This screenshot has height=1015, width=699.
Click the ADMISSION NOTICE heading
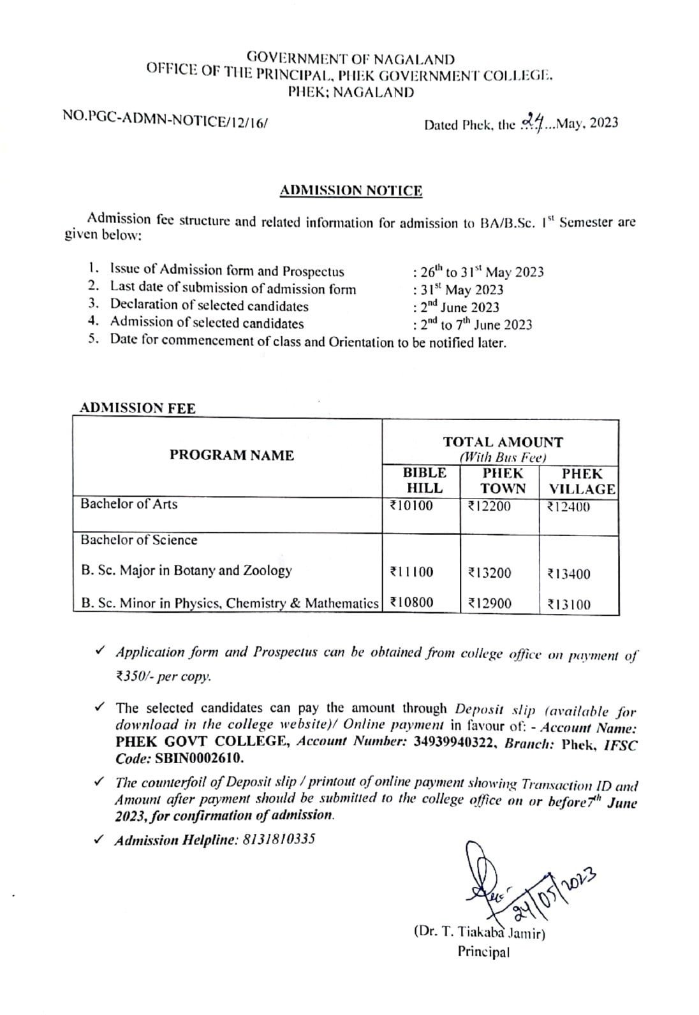[351, 191]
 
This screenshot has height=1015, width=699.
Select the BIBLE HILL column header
[424, 481]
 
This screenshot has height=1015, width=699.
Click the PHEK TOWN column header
[503, 481]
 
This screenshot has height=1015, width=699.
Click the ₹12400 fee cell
[568, 507]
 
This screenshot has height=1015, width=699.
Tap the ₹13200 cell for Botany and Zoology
[489, 573]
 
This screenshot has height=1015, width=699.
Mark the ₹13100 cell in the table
[568, 604]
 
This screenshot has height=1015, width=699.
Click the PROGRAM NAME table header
[232, 455]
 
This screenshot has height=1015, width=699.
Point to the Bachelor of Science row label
[139, 540]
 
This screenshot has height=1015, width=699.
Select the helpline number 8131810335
[279, 839]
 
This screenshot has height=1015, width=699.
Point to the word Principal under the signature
[483, 952]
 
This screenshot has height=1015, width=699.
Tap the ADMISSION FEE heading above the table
[137, 408]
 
